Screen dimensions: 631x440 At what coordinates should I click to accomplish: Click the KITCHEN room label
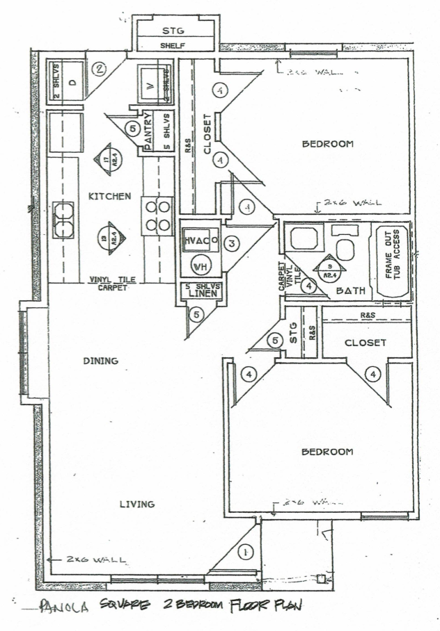click(x=110, y=197)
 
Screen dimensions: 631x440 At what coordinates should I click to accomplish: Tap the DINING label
click(x=100, y=361)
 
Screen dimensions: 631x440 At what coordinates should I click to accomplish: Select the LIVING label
click(x=136, y=504)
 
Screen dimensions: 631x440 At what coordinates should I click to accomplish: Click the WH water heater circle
click(x=200, y=266)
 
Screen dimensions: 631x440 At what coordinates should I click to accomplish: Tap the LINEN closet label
click(x=201, y=295)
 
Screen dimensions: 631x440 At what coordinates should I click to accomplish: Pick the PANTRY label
click(x=148, y=130)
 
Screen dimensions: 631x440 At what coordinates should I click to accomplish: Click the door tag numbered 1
click(x=244, y=552)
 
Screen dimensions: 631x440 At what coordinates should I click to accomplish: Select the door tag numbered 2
click(x=100, y=69)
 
